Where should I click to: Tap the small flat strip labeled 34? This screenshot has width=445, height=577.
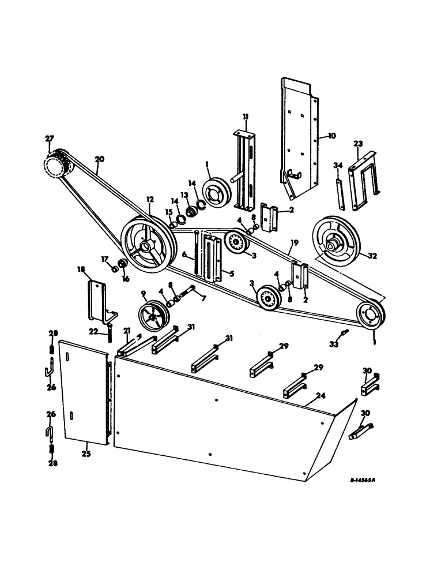click(340, 195)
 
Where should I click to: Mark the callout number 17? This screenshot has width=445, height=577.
click(106, 259)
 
